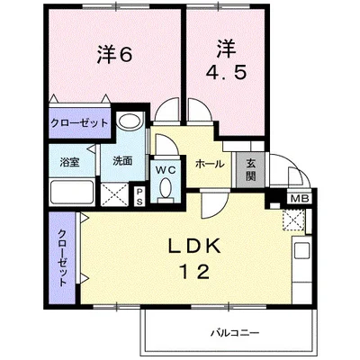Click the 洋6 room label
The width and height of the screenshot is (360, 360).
pos(114,55)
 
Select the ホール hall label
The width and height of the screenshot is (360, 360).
pos(210,165)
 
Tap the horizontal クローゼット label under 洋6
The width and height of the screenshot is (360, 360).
pos(78,121)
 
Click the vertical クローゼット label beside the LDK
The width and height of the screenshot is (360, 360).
pos(63,256)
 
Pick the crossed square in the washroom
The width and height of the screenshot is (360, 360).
pos(116,193)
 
